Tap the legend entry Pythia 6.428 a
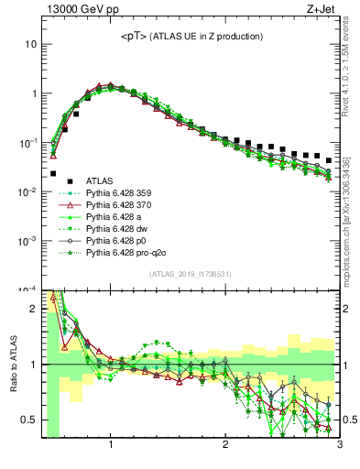[116, 218]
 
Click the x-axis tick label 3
[339, 446]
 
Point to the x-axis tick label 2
[225, 446]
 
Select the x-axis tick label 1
[111, 446]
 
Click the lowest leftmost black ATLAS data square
[53, 173]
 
